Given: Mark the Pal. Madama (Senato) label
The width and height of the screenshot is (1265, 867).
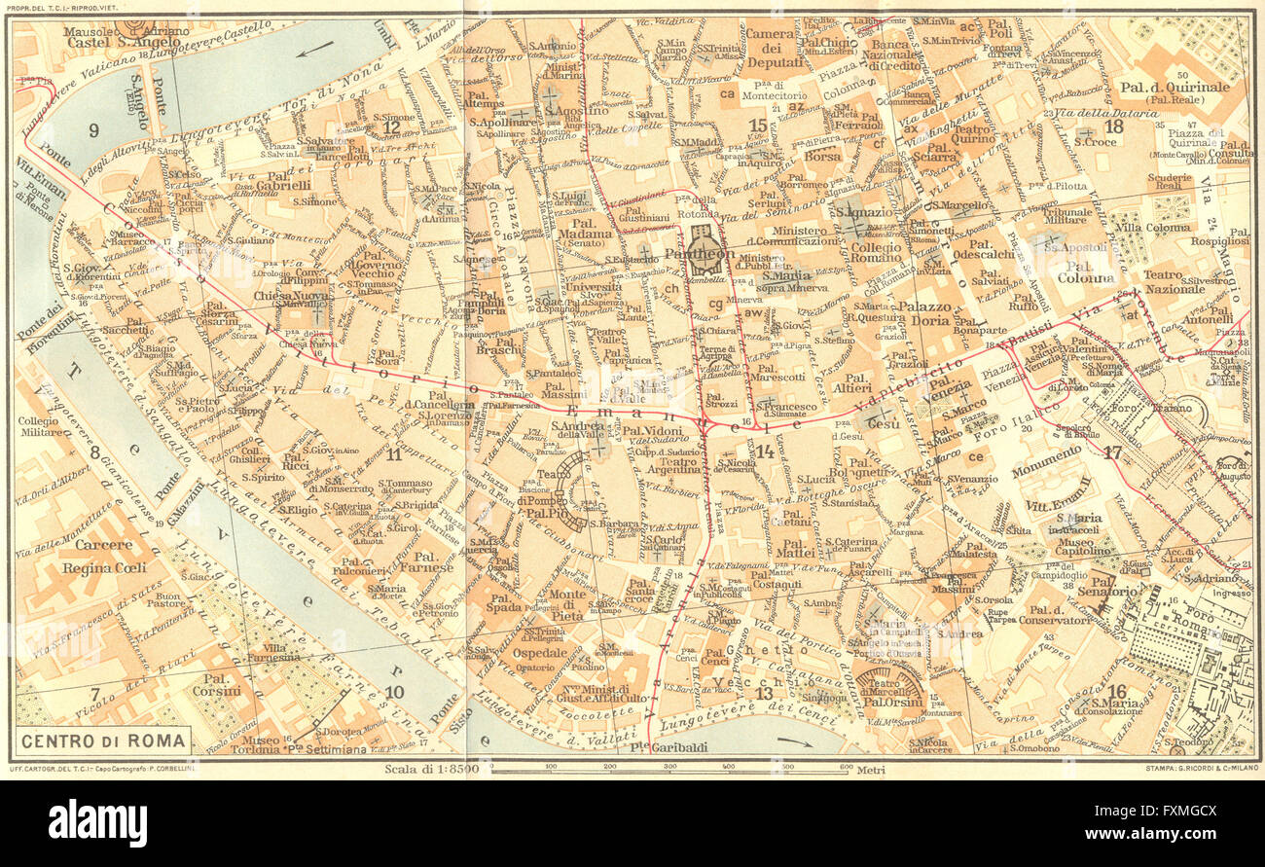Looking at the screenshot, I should (x=586, y=238).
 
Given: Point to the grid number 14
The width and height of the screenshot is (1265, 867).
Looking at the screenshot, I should (x=765, y=451).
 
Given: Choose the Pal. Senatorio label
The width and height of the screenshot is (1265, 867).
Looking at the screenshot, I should (x=1106, y=591).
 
